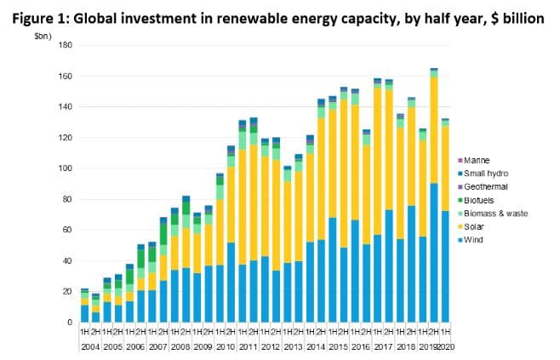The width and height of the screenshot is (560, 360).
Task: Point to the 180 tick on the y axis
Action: click(x=64, y=46)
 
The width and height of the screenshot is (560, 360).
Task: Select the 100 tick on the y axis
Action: click(x=64, y=169)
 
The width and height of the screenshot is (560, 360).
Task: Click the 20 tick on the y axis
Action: click(x=66, y=292)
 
